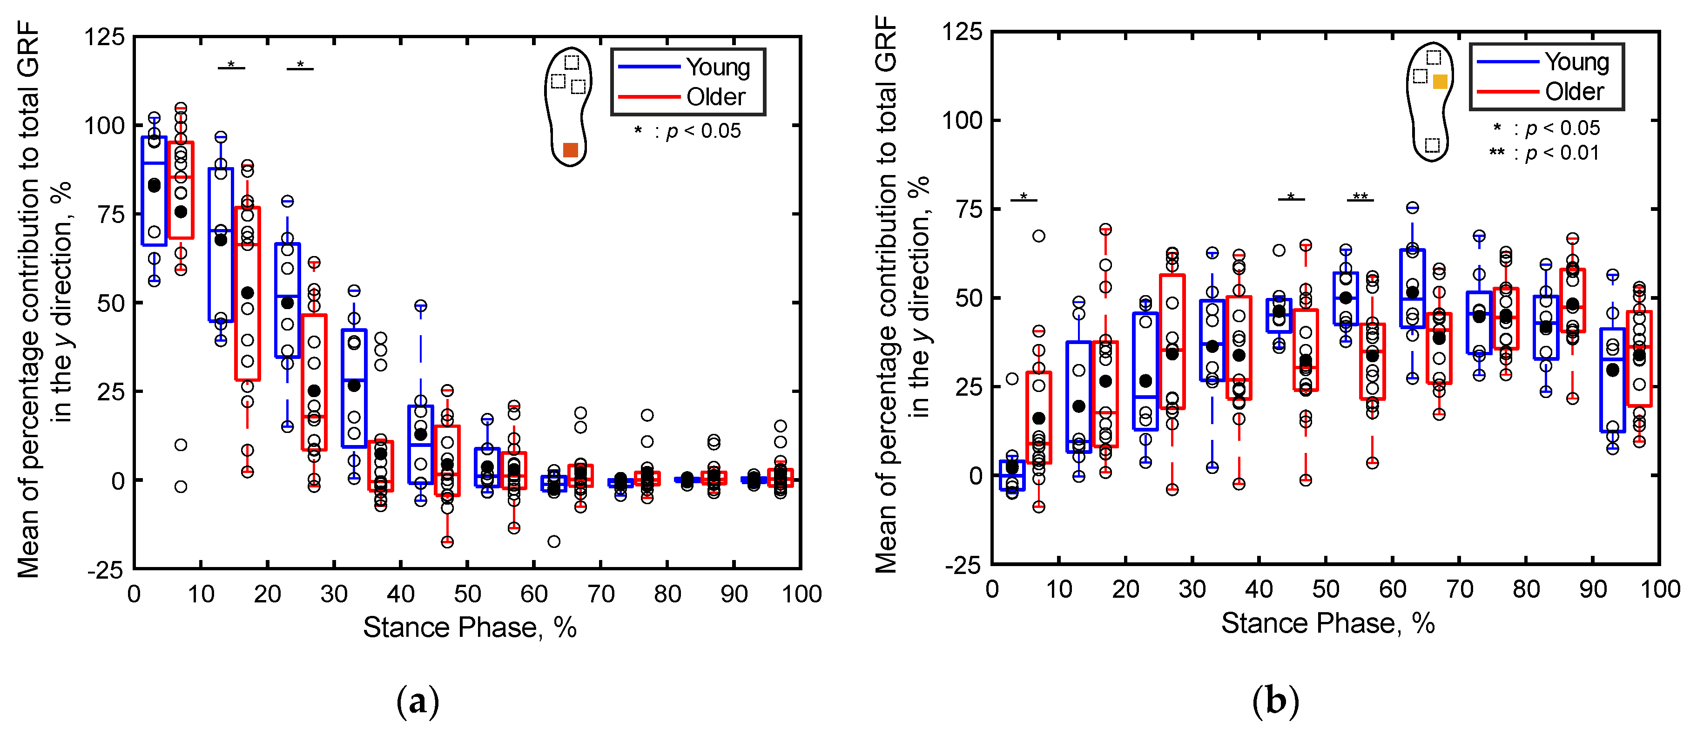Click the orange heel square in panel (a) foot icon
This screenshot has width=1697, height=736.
tap(571, 150)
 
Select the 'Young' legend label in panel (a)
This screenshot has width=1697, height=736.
tap(718, 67)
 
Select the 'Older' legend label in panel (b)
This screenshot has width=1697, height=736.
tap(1575, 92)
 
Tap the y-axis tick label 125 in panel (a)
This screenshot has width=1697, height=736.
tap(104, 37)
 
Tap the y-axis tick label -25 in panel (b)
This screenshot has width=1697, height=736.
tap(963, 565)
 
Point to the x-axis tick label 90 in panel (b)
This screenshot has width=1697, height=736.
tap(1593, 589)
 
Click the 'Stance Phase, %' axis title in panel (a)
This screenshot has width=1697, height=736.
tap(470, 627)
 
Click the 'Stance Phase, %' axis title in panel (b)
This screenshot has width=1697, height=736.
tap(1328, 623)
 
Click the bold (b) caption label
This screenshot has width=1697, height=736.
tap(1275, 701)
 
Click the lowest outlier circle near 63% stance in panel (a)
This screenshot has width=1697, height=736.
tap(554, 541)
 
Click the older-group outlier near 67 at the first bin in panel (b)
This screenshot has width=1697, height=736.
tap(1038, 236)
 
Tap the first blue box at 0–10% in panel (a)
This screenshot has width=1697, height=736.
tap(154, 191)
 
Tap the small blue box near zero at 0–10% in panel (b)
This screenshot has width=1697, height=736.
tap(1012, 475)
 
